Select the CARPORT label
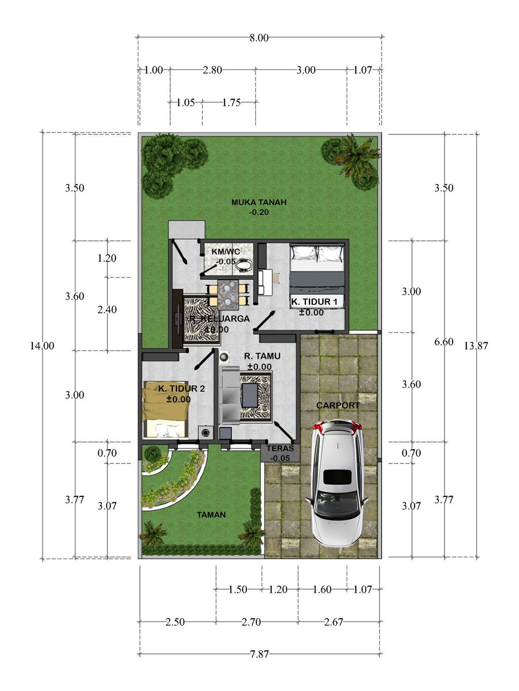tap(338, 406)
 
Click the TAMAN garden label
tap(211, 515)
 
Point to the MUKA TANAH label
tap(258, 202)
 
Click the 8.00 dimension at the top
tap(259, 38)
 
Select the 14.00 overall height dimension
tap(42, 346)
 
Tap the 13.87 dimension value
tap(476, 346)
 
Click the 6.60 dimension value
tap(444, 342)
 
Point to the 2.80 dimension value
tap(212, 70)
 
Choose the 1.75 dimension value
tap(231, 102)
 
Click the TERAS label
tap(280, 448)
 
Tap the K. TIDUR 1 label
tap(314, 302)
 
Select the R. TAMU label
tap(262, 356)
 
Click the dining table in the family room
tap(228, 294)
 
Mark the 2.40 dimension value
tap(107, 310)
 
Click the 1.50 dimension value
tap(238, 589)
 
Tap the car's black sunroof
tap(338, 477)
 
